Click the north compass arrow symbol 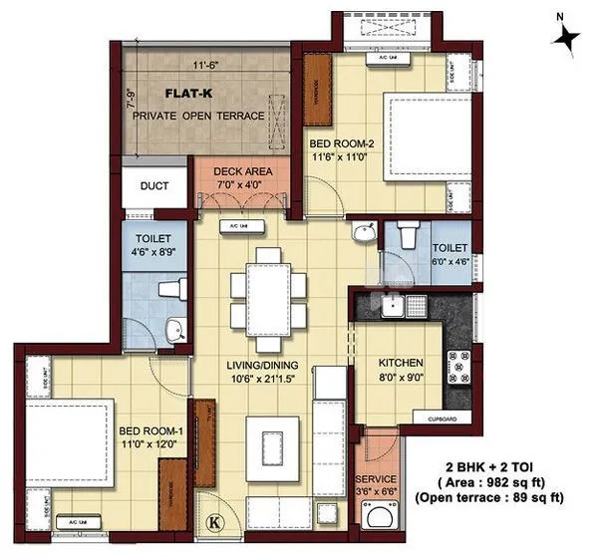coord(568,37)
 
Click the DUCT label coord(154,186)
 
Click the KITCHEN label coord(394,364)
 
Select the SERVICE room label coord(376,478)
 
